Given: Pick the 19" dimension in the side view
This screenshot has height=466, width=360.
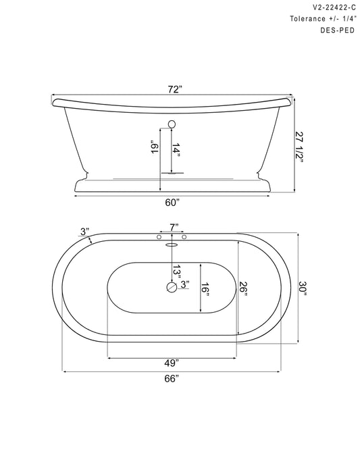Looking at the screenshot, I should pos(155,147).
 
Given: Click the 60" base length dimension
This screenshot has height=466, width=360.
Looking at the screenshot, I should pos(172,203).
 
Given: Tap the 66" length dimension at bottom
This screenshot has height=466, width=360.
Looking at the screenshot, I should pos(172,378).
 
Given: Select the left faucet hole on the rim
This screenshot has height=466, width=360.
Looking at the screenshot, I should pos(159,238).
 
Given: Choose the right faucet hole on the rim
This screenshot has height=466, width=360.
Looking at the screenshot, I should pos(183,238).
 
